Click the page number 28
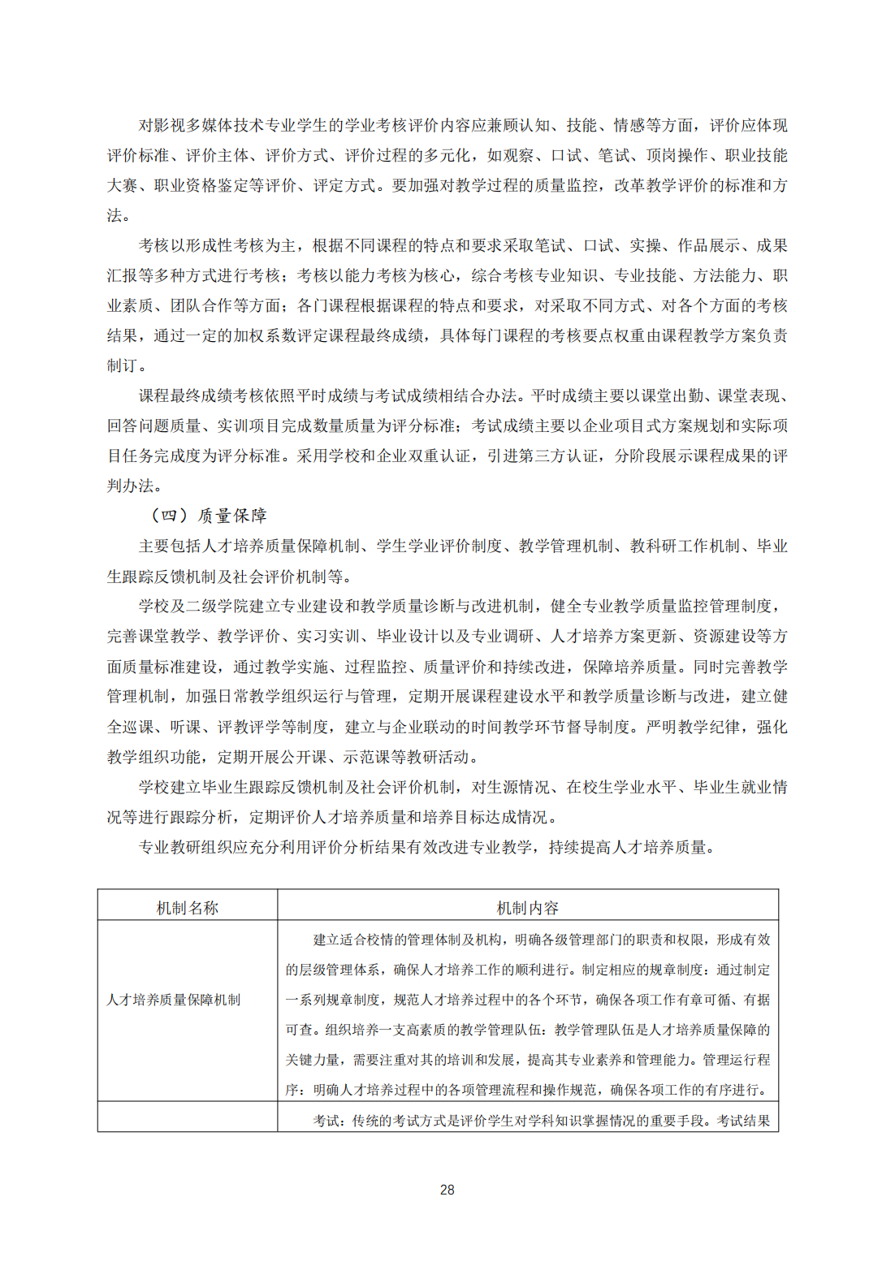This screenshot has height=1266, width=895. (x=447, y=1190)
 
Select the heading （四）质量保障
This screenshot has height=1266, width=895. (x=209, y=516)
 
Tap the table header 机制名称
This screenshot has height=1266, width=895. (x=188, y=908)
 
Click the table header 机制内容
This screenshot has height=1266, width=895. (x=528, y=908)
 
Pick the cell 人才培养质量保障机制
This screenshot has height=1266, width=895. (x=174, y=1000)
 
